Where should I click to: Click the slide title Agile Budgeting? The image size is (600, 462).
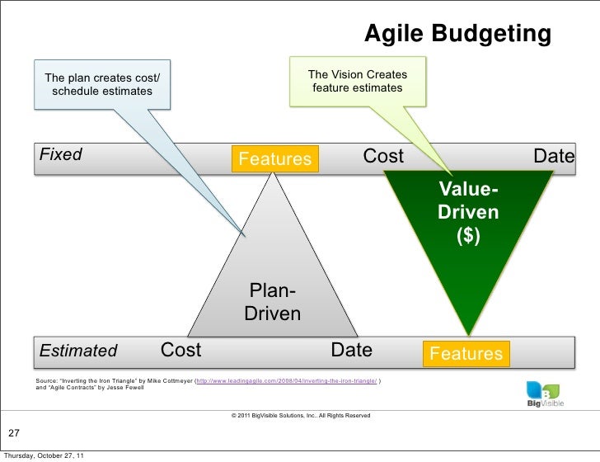pos(457,35)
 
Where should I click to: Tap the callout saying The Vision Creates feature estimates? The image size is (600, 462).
pos(357,81)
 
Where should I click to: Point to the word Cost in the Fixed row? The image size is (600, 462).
pos(384,156)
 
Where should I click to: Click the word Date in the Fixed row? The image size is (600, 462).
pos(554,156)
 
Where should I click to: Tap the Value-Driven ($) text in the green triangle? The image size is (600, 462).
pos(468,212)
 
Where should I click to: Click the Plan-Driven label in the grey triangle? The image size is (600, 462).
pos(272,302)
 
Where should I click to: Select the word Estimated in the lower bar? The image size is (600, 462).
pos(78,351)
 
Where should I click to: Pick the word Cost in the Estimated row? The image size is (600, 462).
pos(180,350)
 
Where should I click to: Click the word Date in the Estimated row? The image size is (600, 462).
pos(351,350)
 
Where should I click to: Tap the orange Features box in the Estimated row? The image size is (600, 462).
pos(466,354)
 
